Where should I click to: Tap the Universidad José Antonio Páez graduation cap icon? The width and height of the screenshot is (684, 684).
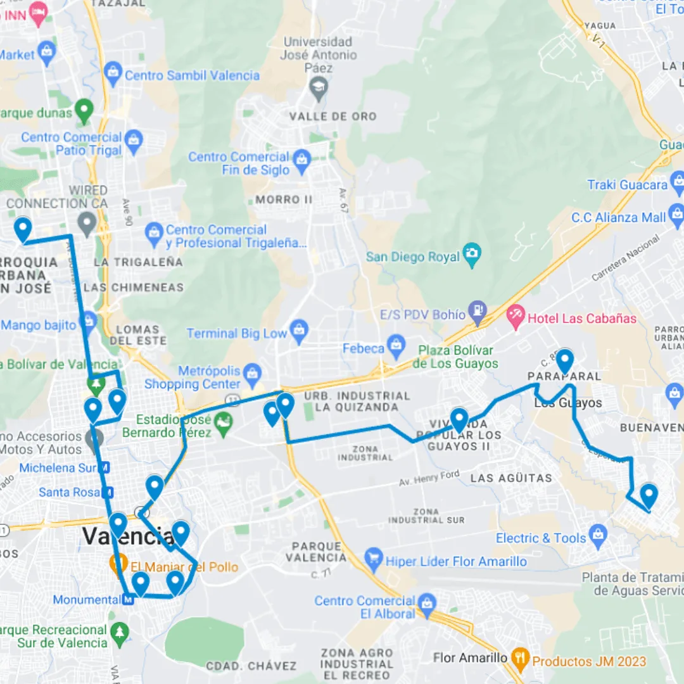tap(318, 87)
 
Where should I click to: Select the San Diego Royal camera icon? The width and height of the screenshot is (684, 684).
tap(472, 255)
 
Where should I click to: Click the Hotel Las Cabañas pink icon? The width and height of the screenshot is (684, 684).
tap(516, 316)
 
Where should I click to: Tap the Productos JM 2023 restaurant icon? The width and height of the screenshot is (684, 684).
tap(520, 661)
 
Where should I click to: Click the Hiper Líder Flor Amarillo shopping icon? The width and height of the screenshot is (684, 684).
tap(374, 560)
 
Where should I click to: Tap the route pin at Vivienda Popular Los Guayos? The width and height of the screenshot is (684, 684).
tap(459, 420)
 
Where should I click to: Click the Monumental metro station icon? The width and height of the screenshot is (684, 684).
tap(129, 599)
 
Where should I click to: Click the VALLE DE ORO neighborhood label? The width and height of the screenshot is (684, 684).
tap(332, 117)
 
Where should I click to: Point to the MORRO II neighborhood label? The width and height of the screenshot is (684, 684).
tap(284, 199)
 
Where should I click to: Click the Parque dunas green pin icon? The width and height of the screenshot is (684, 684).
tap(84, 111)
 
